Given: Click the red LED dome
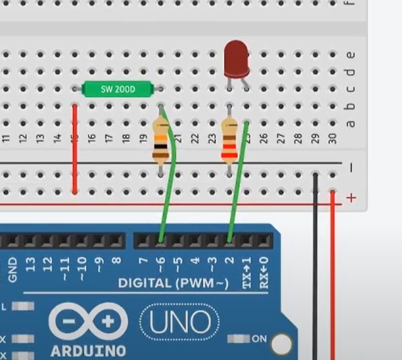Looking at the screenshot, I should pyautogui.click(x=236, y=56).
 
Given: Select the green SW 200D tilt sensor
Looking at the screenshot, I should pyautogui.click(x=118, y=90).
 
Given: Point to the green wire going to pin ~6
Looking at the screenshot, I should pyautogui.click(x=171, y=192).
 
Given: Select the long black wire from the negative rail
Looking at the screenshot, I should pyautogui.click(x=315, y=269).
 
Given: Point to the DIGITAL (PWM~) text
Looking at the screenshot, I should pyautogui.click(x=173, y=283).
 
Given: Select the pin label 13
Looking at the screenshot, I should pyautogui.click(x=29, y=263).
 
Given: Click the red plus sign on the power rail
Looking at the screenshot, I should pyautogui.click(x=350, y=198).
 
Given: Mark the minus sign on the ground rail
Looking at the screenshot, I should pyautogui.click(x=350, y=168).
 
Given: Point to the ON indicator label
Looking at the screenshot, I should pyautogui.click(x=259, y=338).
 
